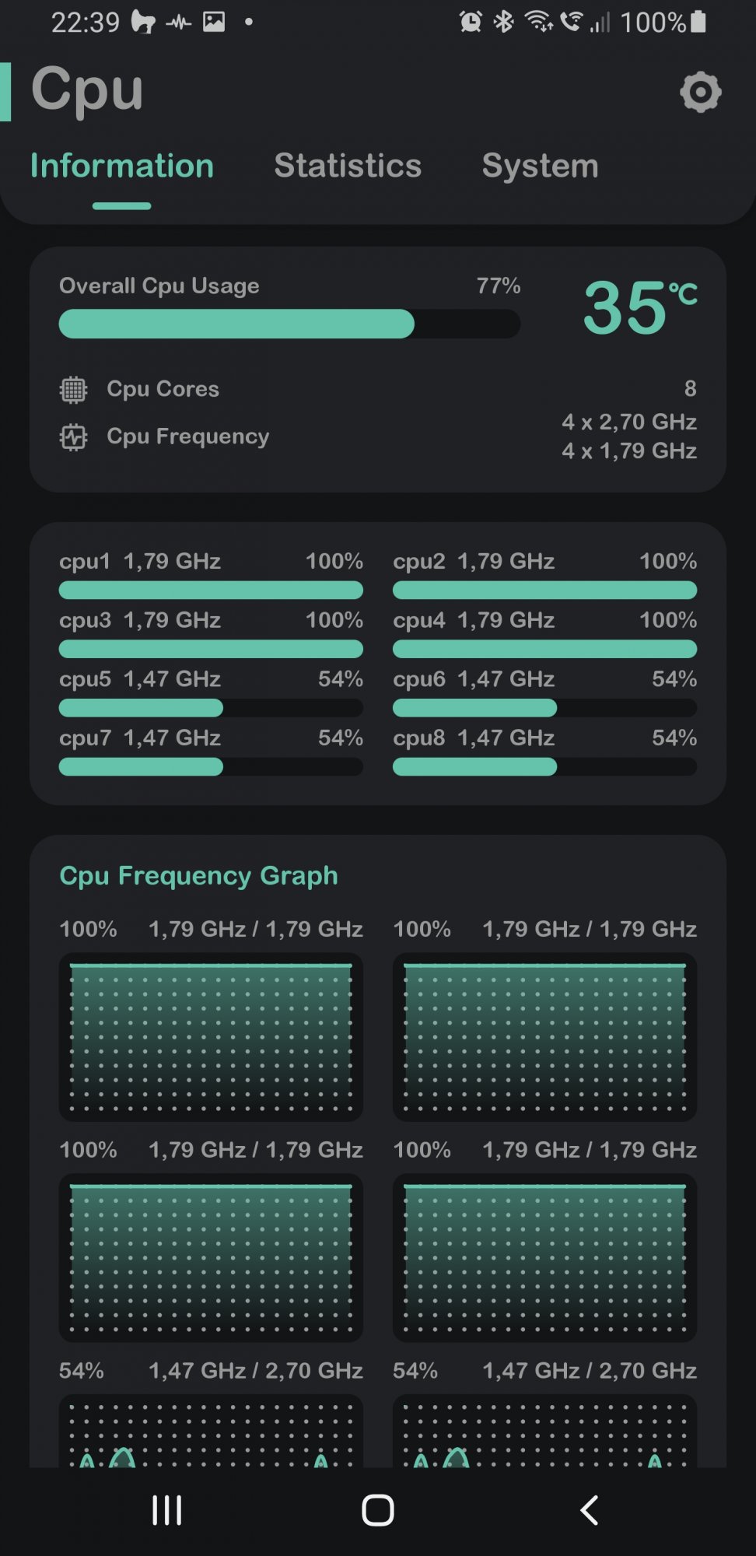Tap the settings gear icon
click(x=700, y=93)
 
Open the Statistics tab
click(x=348, y=166)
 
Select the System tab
click(x=540, y=166)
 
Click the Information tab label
click(x=122, y=166)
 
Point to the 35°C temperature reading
click(x=639, y=308)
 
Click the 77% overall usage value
click(x=499, y=286)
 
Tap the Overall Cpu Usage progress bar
click(x=289, y=324)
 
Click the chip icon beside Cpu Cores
click(x=74, y=389)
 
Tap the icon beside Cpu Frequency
click(x=74, y=437)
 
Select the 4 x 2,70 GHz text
click(x=629, y=422)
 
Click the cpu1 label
click(x=85, y=561)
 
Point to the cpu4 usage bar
click(x=544, y=649)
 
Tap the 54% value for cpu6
click(x=674, y=678)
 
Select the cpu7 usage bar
click(x=211, y=767)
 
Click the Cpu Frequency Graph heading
click(x=199, y=875)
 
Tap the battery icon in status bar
click(x=698, y=22)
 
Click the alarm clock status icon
click(x=471, y=22)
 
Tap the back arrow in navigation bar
click(x=590, y=1510)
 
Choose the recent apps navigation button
click(x=167, y=1510)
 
